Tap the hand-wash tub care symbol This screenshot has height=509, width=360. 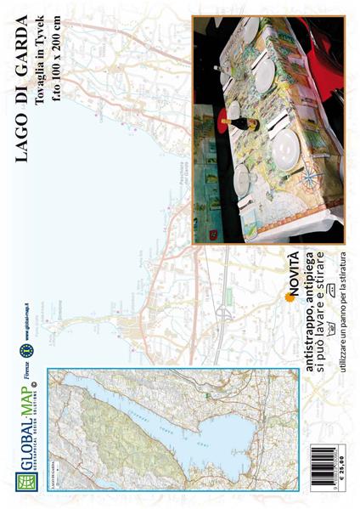332,309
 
